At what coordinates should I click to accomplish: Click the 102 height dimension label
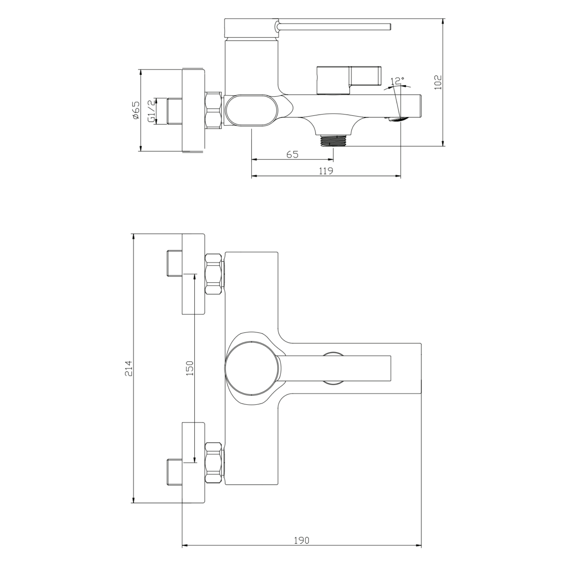pos(438,82)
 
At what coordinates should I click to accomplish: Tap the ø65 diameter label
pos(136,111)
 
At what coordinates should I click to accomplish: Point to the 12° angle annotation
pos(398,81)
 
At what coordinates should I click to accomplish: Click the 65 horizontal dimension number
pos(292,154)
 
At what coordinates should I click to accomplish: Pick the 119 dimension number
pos(326,171)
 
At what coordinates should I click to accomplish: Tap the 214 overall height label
pos(129,368)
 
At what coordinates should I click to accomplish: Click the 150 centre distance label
pos(190,368)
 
